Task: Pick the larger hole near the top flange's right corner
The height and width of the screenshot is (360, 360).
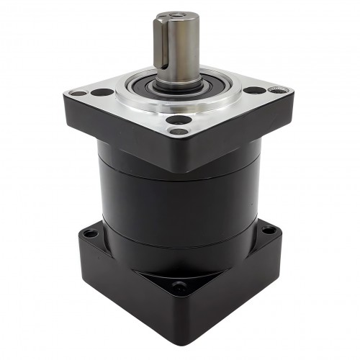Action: coord(255,91)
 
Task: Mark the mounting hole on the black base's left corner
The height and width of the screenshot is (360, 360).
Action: coord(89,233)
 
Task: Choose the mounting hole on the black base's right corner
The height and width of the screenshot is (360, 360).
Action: coord(269,230)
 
